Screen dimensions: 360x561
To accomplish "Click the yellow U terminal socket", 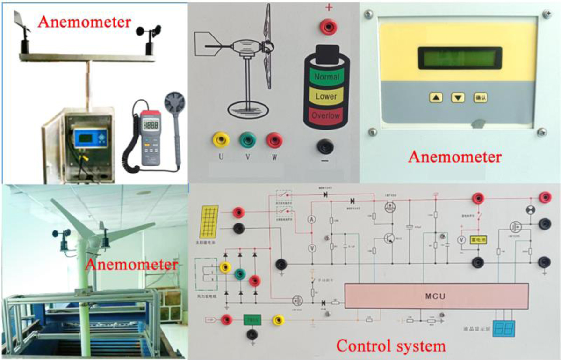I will [x=220, y=139].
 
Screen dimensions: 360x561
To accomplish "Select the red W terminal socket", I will [x=273, y=139].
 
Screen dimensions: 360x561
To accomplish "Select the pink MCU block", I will [x=437, y=296].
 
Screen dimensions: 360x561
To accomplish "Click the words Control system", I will [x=391, y=346].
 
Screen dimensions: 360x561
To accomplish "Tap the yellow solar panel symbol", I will [x=209, y=221].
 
